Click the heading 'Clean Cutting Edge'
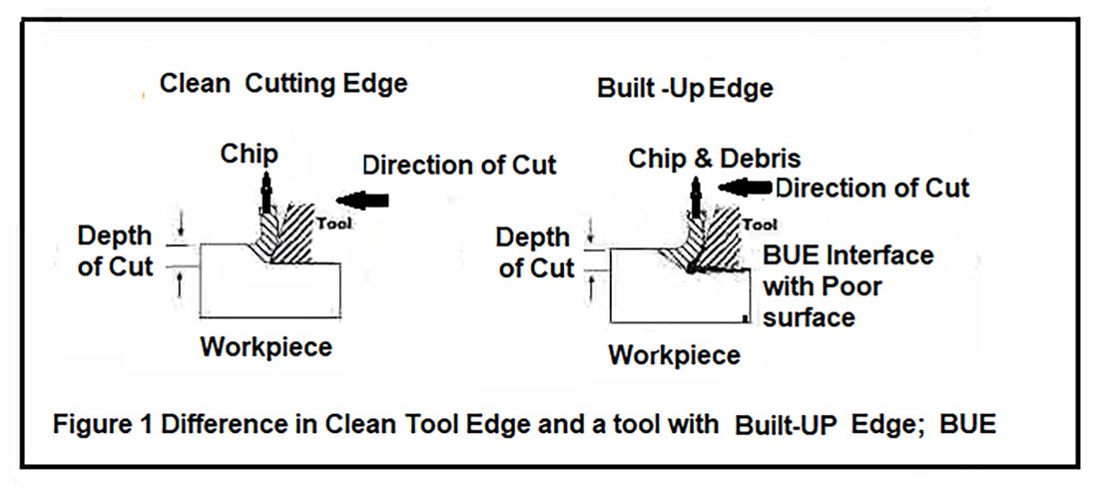(283, 84)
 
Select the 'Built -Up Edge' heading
(685, 88)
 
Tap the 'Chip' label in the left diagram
(250, 154)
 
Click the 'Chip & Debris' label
(715, 159)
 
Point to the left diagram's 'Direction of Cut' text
(459, 164)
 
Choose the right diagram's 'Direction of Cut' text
(872, 187)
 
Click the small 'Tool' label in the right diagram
(761, 225)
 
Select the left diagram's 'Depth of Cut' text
(116, 251)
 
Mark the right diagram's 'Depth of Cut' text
(537, 253)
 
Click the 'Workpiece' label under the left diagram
(266, 347)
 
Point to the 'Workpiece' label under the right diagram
(675, 354)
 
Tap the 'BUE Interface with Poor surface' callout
(846, 286)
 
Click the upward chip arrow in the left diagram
(266, 192)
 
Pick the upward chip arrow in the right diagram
(697, 195)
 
